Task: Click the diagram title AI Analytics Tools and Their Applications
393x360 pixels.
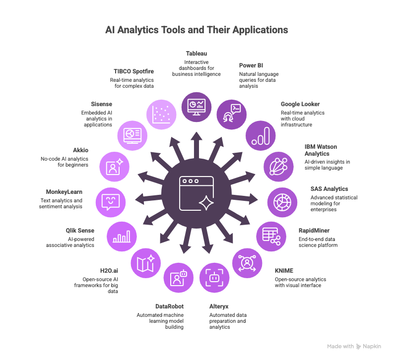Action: point(196,30)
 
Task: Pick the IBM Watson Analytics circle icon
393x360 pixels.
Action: point(278,167)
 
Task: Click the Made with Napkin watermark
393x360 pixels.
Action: point(354,346)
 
